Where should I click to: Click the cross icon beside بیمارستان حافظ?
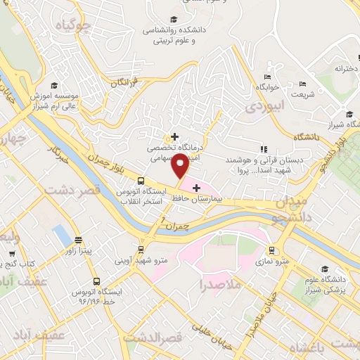tap(196, 188)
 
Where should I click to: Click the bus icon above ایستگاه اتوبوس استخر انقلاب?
tap(141, 180)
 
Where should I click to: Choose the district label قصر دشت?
tap(72, 190)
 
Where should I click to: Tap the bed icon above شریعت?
tap(303, 84)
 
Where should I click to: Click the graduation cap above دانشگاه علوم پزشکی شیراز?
tap(325, 269)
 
